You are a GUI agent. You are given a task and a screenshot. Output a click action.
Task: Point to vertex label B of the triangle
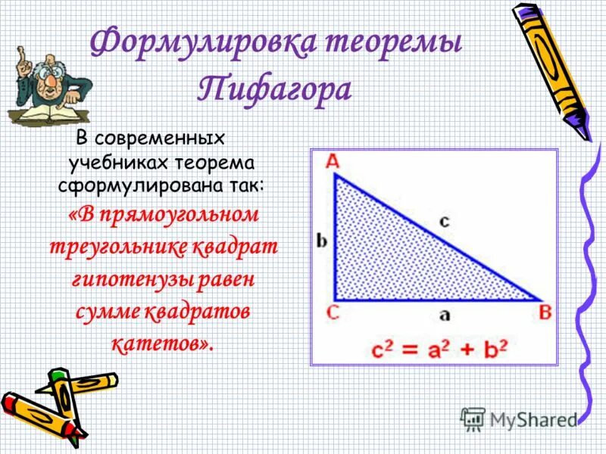click(x=545, y=312)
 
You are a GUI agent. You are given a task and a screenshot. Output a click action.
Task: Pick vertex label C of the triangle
click(x=332, y=312)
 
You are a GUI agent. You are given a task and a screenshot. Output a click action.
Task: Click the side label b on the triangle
click(x=322, y=241)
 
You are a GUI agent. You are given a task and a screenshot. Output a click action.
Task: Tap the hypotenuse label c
click(x=444, y=220)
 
